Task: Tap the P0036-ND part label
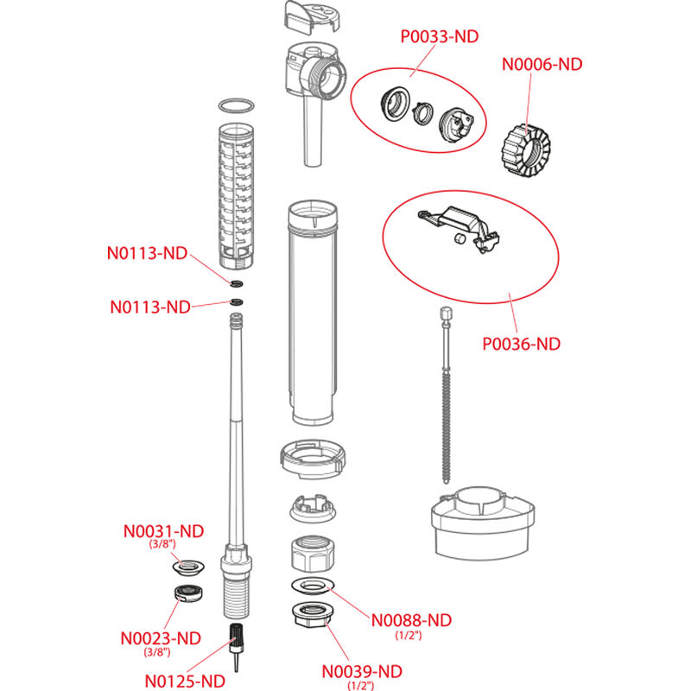[x=521, y=344]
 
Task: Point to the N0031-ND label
[x=163, y=530]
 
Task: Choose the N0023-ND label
[x=161, y=638]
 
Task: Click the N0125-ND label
[x=185, y=681]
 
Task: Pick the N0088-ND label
[x=412, y=620]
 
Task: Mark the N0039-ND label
[x=362, y=671]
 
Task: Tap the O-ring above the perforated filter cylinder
[x=236, y=105]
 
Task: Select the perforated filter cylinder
[x=235, y=190]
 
